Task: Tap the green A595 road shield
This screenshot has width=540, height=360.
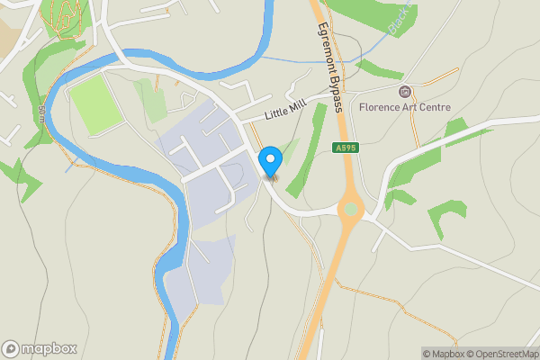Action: pos(346,148)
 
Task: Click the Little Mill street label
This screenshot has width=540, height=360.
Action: pos(286,112)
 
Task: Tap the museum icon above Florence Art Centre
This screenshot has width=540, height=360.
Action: pos(404,92)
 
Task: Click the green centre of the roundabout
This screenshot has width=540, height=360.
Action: pos(350,209)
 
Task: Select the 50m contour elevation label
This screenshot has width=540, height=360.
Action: pos(41,113)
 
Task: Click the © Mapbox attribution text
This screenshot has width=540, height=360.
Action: pos(443,354)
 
